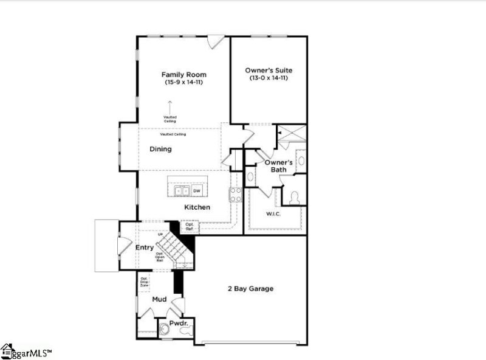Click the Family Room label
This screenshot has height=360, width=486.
[x=183, y=75]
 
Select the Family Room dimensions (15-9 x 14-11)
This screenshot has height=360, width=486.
[x=183, y=82]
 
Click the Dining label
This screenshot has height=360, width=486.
[x=161, y=149]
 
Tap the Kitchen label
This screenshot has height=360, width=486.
[x=197, y=207]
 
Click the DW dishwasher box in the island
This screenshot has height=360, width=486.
[x=197, y=191]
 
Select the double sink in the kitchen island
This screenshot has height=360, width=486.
[x=182, y=191]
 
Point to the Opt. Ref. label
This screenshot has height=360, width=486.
[x=189, y=227]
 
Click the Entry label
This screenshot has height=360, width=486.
[x=145, y=247]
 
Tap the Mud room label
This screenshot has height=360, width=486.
[x=159, y=299]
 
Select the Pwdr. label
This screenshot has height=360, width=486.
[x=178, y=323]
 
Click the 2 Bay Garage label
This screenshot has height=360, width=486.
[x=251, y=288]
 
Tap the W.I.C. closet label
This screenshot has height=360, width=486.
[x=273, y=214]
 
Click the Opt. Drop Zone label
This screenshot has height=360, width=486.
[x=145, y=282]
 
